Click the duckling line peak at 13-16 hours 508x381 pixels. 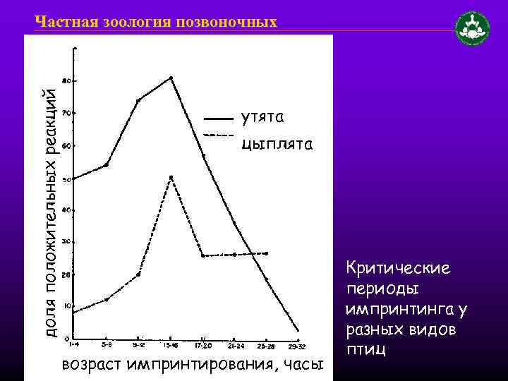(x=171, y=78)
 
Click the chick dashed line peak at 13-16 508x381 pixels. (x=171, y=177)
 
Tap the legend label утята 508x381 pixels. (x=263, y=115)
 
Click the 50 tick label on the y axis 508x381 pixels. (x=65, y=179)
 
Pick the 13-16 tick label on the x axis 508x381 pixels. (x=171, y=346)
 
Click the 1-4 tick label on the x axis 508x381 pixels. (x=74, y=346)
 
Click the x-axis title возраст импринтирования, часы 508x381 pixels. (x=192, y=365)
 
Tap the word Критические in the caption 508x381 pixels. (x=398, y=269)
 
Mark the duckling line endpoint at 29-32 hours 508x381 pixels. (x=298, y=329)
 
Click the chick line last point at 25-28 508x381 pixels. (x=266, y=253)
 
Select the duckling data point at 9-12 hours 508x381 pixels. (x=138, y=100)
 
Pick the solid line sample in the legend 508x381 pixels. (x=217, y=118)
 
